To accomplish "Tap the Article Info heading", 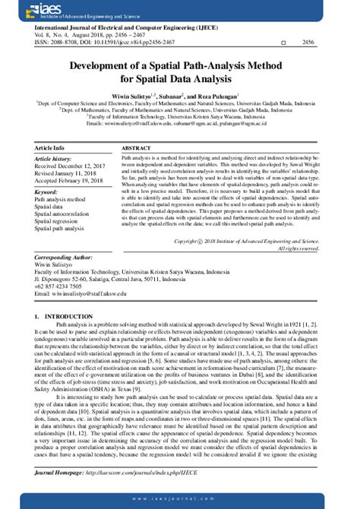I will (50, 147).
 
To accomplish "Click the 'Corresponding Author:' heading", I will (64, 258).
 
